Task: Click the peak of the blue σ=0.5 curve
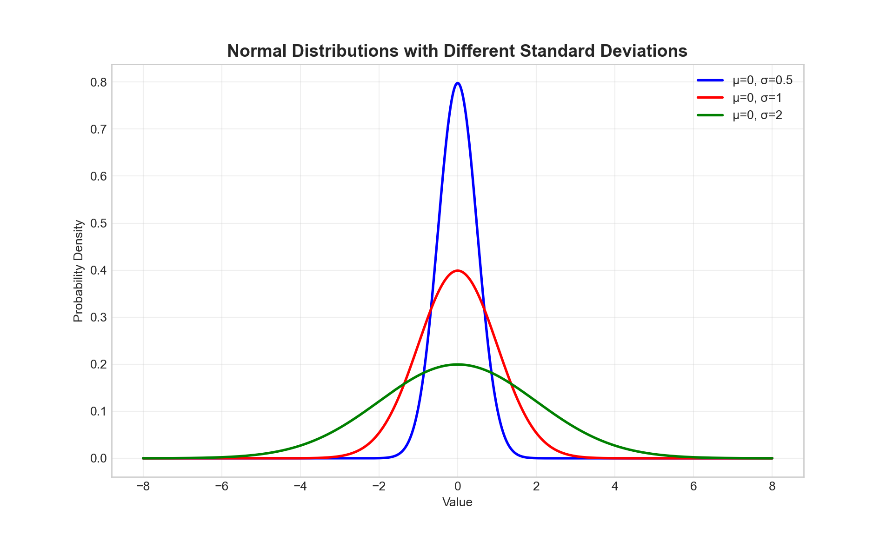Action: [458, 83]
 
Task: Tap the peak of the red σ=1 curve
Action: [458, 271]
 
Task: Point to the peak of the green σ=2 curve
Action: [458, 364]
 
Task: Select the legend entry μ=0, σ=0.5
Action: [762, 80]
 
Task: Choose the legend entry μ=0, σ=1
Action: [757, 98]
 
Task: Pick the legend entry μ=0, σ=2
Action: [757, 115]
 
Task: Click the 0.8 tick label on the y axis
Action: [98, 82]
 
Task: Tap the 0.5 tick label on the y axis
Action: [98, 223]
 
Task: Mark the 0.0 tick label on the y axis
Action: [98, 458]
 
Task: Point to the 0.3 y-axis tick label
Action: [98, 317]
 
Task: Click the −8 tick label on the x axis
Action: [143, 487]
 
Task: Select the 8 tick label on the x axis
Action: [772, 487]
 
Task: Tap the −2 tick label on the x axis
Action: [379, 487]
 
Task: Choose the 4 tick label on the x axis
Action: [615, 487]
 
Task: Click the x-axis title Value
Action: [457, 502]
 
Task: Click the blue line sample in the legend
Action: [710, 80]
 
